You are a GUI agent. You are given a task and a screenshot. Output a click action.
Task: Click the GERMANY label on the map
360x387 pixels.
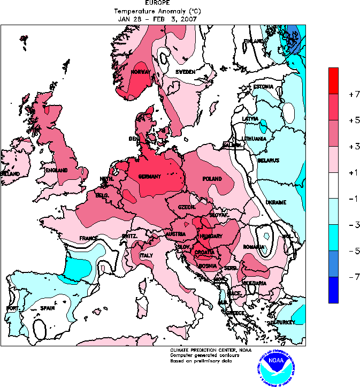click(150, 177)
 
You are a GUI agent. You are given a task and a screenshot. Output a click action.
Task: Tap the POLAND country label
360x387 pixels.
click(212, 178)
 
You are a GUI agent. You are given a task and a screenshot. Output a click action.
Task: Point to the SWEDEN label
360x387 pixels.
click(185, 72)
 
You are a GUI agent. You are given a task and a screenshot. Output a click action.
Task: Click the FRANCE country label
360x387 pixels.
click(89, 238)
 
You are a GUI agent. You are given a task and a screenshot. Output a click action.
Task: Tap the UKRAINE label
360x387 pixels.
click(275, 202)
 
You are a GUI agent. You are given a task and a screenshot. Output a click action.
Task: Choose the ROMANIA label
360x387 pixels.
click(253, 247)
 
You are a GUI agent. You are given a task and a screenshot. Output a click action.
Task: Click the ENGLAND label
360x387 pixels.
click(56, 170)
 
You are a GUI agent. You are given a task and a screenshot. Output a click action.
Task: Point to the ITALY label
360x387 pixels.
click(146, 256)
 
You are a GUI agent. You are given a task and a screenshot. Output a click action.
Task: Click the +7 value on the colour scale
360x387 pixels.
click(351, 94)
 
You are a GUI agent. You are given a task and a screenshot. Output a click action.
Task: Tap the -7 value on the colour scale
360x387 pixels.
click(351, 277)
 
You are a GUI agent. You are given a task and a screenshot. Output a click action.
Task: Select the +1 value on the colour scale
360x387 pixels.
click(351, 172)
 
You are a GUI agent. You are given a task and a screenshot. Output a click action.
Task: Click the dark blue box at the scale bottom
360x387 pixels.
click(333, 290)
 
